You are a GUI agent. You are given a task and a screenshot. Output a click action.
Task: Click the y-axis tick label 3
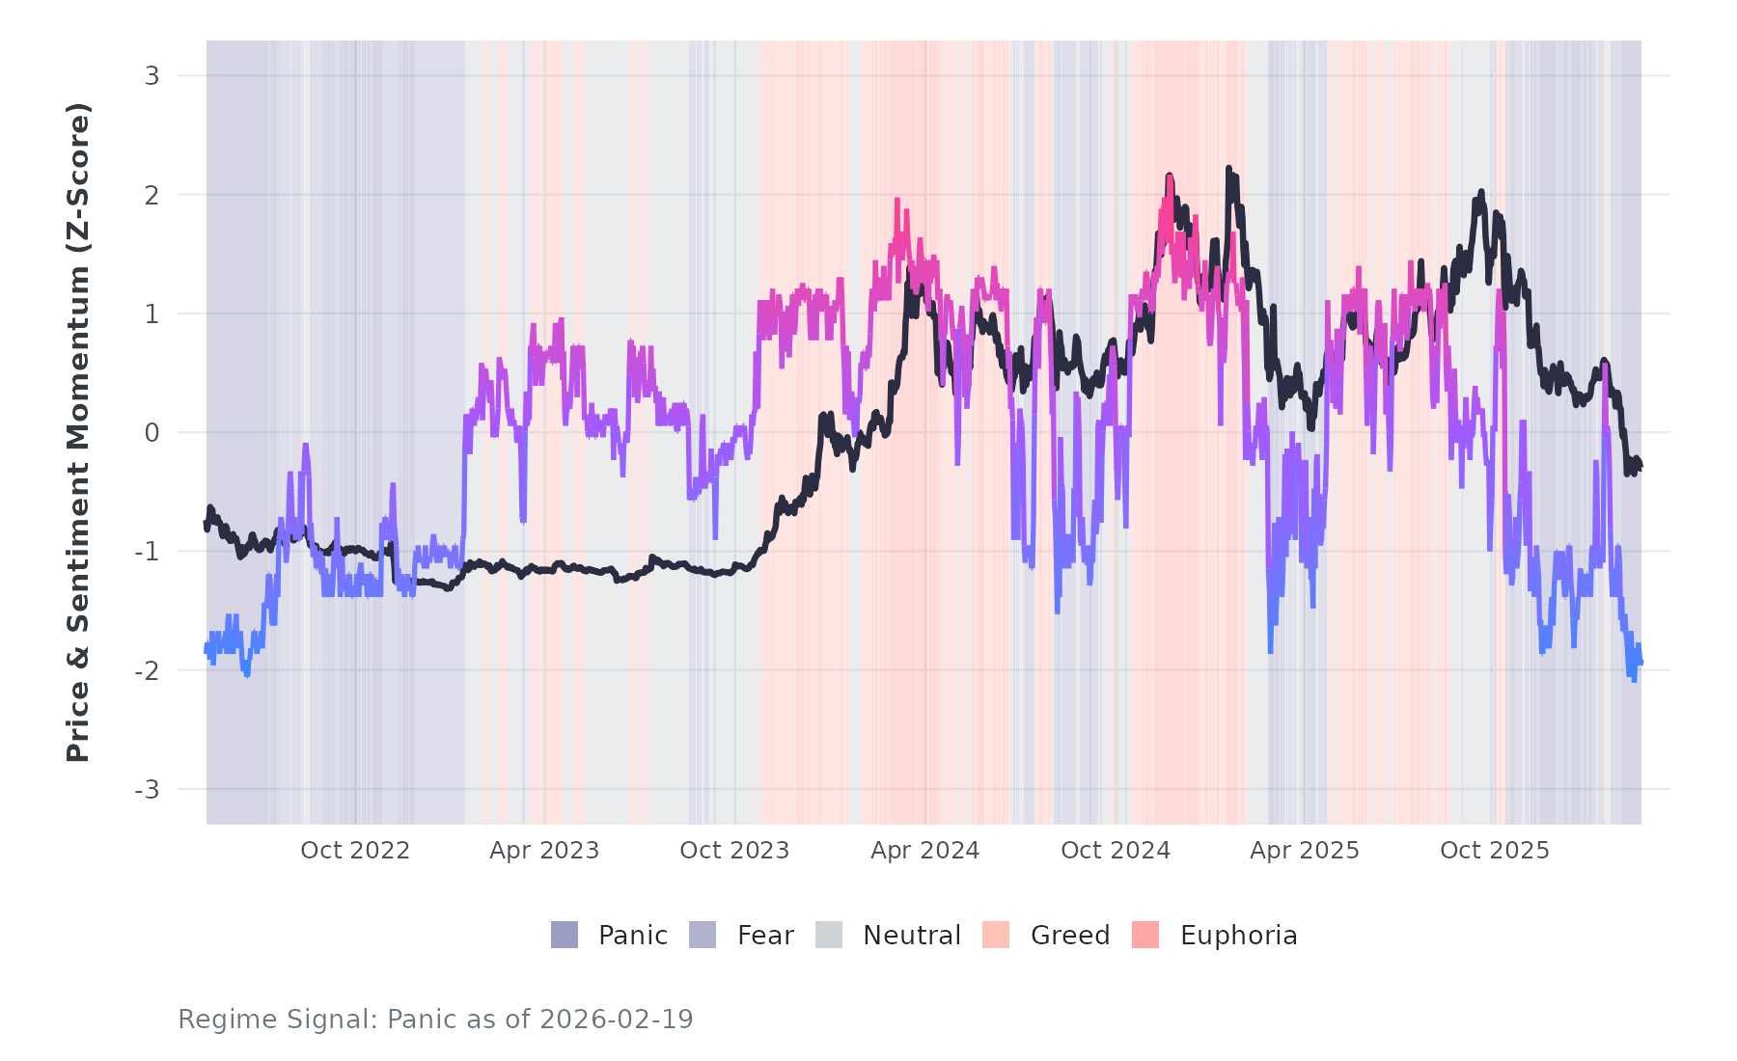coord(152,75)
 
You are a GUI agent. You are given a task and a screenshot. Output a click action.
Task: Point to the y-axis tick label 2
coord(152,195)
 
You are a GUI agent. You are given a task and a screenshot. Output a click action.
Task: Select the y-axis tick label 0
coord(152,433)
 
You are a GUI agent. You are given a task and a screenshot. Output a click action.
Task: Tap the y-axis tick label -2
coord(147,670)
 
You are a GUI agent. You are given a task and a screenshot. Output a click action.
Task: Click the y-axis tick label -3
coord(147,790)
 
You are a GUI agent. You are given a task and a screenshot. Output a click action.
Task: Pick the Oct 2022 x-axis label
coord(355,851)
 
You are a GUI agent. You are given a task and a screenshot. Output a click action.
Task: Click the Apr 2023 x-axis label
coord(544,851)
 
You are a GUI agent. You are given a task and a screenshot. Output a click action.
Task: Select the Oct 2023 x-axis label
coord(734,851)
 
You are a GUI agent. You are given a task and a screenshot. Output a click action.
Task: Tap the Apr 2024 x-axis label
coord(924,851)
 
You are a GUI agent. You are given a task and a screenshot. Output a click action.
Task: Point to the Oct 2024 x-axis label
coord(1116,851)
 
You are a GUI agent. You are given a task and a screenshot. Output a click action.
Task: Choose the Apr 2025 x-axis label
coord(1305,851)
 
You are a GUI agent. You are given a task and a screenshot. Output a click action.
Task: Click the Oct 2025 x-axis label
coord(1495,851)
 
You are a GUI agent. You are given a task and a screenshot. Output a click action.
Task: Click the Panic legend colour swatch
coord(565,935)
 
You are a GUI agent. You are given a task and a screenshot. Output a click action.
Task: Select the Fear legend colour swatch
coord(703,935)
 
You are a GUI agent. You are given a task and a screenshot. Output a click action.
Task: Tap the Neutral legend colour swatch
coord(829,935)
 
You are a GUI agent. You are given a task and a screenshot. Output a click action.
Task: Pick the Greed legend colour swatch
coord(996,935)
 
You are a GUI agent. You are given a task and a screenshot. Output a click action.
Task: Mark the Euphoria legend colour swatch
coord(1145,935)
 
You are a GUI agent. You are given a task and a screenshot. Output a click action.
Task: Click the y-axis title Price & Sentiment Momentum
coord(78,432)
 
